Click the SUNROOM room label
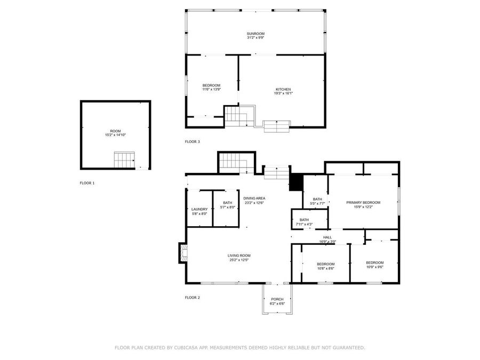click(x=255, y=34)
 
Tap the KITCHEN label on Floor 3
click(x=283, y=89)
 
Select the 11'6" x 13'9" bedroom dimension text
click(x=211, y=90)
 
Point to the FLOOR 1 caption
click(x=87, y=183)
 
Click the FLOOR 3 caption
click(x=192, y=141)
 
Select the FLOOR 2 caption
click(x=192, y=297)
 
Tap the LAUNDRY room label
click(x=199, y=209)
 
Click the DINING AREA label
click(x=254, y=198)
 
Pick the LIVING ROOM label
click(x=239, y=255)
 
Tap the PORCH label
click(x=277, y=299)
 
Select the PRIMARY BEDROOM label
click(x=363, y=203)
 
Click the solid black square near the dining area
click(x=295, y=182)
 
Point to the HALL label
click(x=327, y=237)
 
